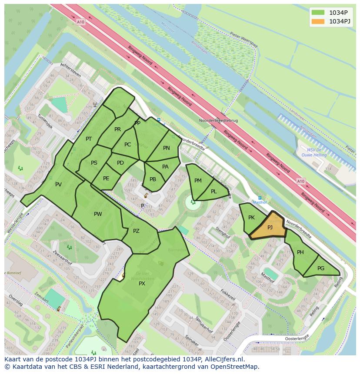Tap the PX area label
142,283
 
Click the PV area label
58,184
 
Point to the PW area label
98,214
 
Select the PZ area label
136,231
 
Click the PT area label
89,139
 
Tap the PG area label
321,268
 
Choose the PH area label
300,252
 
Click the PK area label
251,217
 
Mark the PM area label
198,180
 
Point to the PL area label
213,191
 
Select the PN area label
167,148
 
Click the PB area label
153,179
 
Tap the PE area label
106,178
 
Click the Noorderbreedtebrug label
218,120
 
